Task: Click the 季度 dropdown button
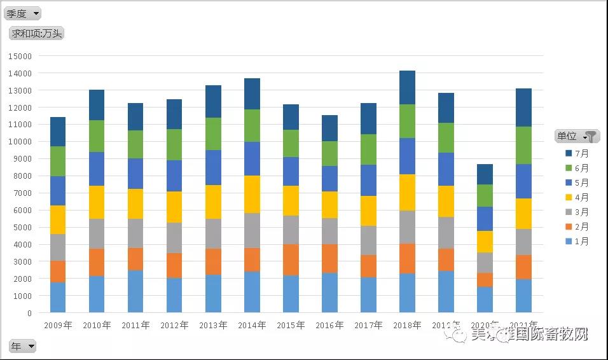23,13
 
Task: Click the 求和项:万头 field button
36,33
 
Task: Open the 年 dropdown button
22,346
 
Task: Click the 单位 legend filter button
577,136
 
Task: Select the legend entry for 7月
577,153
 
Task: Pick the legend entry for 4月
577,197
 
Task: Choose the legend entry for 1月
577,241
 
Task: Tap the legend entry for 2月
577,226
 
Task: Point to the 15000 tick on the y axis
20,56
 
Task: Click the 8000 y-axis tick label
22,176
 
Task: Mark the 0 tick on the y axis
29,313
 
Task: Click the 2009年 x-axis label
58,326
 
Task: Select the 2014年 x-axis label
252,326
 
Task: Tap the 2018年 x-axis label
407,326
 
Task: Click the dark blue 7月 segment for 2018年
407,88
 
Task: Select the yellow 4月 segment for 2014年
252,194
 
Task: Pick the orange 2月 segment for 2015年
291,260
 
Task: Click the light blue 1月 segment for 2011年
135,291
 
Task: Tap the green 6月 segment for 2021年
523,145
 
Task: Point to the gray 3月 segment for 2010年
97,233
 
